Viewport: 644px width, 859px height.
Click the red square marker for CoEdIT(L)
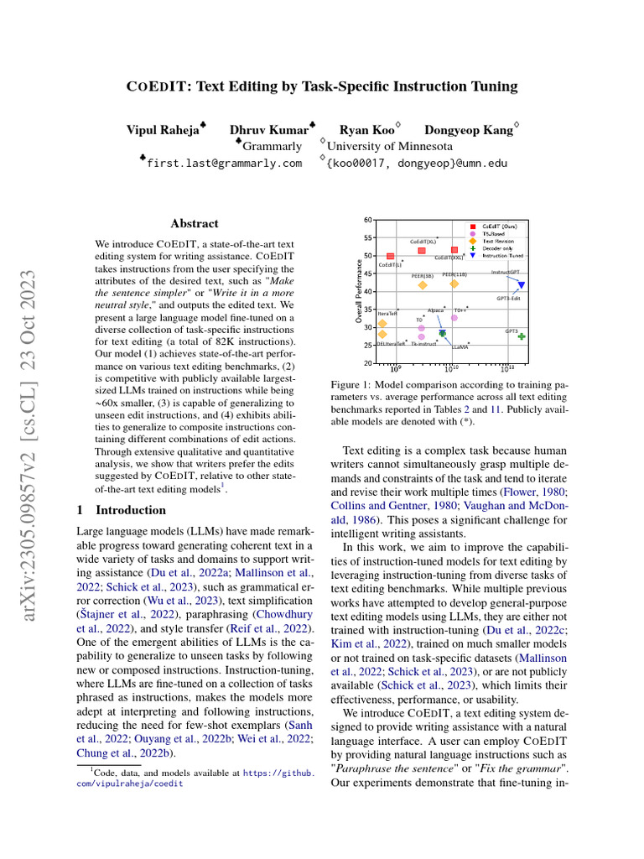pyautogui.click(x=390, y=256)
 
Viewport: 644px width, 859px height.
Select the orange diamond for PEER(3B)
pyautogui.click(x=423, y=285)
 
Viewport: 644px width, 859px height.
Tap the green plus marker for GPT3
pyautogui.click(x=522, y=336)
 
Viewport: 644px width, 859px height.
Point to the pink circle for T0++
pyautogui.click(x=454, y=317)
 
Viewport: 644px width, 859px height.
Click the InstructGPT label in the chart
pyautogui.click(x=505, y=272)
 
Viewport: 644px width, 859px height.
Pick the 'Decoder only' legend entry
pyautogui.click(x=502, y=247)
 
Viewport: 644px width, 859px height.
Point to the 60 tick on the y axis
pyautogui.click(x=367, y=220)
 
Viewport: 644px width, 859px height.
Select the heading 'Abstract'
pyautogui.click(x=194, y=224)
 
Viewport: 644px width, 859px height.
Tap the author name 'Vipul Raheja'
pyautogui.click(x=163, y=130)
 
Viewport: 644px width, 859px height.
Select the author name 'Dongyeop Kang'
pyautogui.click(x=468, y=130)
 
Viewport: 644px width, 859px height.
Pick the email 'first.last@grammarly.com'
pyautogui.click(x=224, y=163)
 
